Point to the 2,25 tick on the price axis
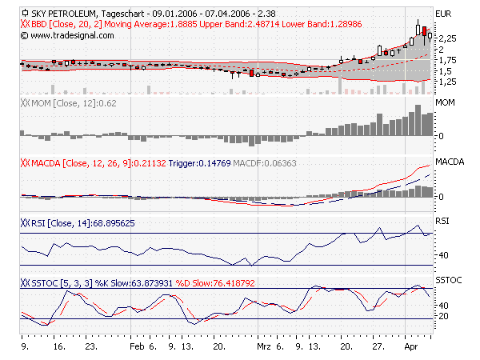447,38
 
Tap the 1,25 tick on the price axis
447,82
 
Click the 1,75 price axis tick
447,60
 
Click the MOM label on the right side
445,103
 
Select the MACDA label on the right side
449,162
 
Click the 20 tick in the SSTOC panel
441,317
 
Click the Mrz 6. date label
266,349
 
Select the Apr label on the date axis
410,349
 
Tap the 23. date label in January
91,349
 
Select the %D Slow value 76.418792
227,282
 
